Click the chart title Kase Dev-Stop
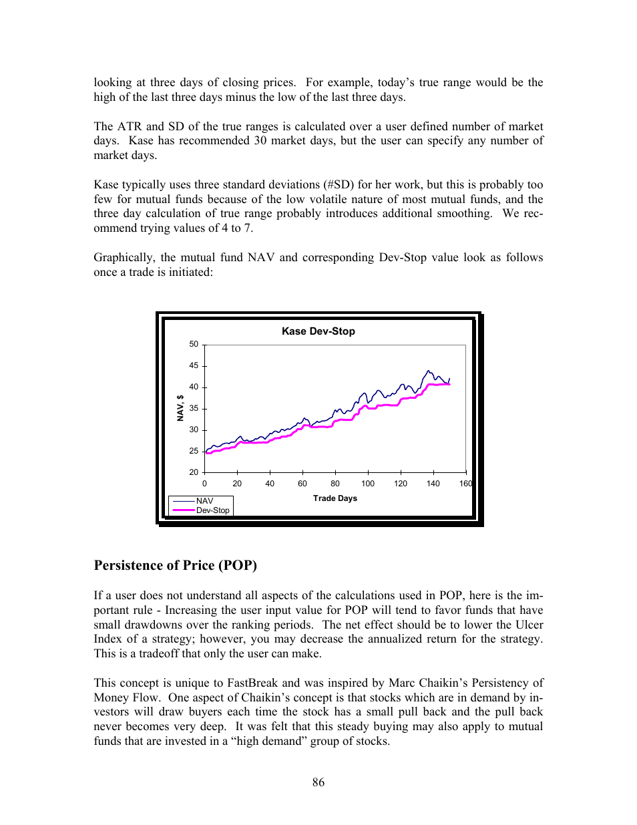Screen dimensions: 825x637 tap(318, 331)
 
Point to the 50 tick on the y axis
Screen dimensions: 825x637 tap(194, 345)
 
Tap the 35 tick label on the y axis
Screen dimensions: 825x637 tap(194, 408)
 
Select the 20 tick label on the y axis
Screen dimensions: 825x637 tap(194, 472)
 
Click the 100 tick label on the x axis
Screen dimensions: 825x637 tap(368, 484)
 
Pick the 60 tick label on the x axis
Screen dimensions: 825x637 tap(302, 484)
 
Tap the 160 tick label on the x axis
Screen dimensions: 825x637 tap(465, 484)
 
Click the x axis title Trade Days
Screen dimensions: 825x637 tap(335, 498)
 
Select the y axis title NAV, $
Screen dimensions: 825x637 tap(180, 408)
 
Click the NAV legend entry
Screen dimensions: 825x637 tap(204, 501)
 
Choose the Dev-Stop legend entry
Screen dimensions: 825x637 tap(212, 510)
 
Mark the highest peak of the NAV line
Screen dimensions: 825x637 tap(428, 371)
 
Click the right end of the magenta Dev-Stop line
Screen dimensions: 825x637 tap(449, 384)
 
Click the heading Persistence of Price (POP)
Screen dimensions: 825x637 tap(175, 565)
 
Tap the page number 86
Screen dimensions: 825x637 tap(318, 782)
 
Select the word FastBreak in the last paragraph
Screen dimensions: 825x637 tap(252, 683)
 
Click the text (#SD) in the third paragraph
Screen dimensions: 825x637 tap(339, 185)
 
